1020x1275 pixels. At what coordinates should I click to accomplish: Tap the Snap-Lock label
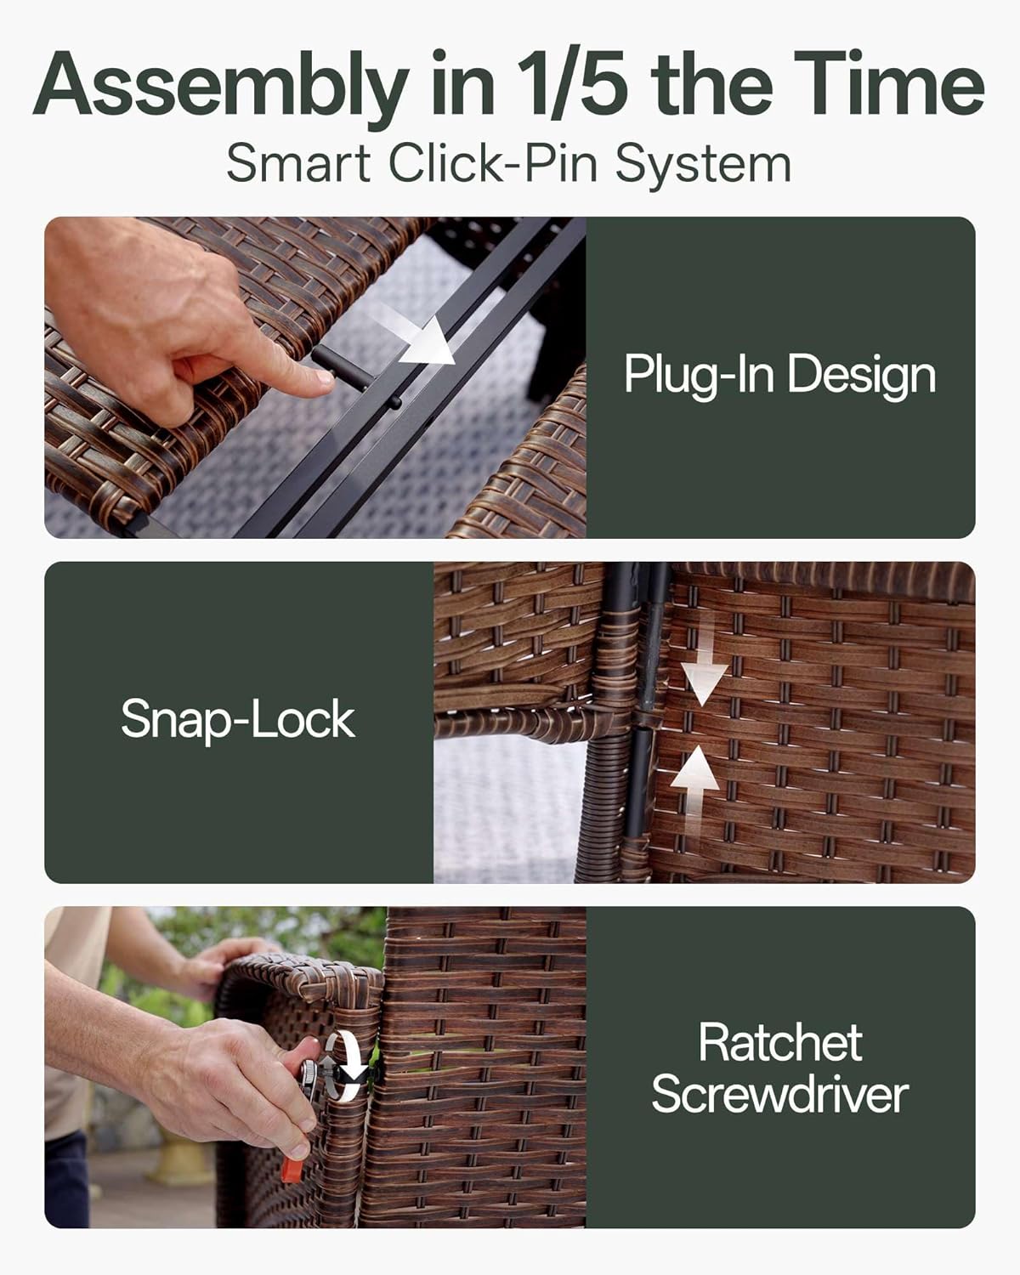tap(238, 720)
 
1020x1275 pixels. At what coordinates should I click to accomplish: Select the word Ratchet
tap(780, 1043)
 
